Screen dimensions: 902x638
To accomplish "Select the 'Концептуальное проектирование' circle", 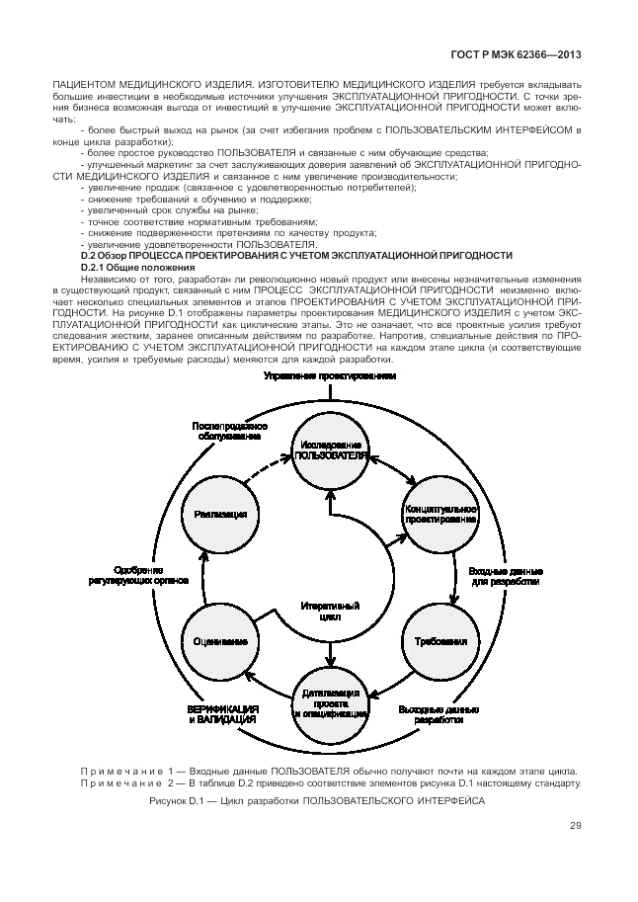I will click(x=440, y=513).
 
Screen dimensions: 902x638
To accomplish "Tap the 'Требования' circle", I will click(x=440, y=640).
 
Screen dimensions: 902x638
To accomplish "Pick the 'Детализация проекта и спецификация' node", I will click(x=329, y=698).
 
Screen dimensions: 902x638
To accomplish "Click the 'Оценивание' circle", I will click(x=218, y=640).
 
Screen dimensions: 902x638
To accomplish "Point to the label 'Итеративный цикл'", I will click(x=329, y=610).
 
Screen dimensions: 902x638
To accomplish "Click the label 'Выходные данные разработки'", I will click(x=439, y=715).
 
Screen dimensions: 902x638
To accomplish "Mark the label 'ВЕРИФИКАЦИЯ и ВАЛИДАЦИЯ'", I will click(x=223, y=715).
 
